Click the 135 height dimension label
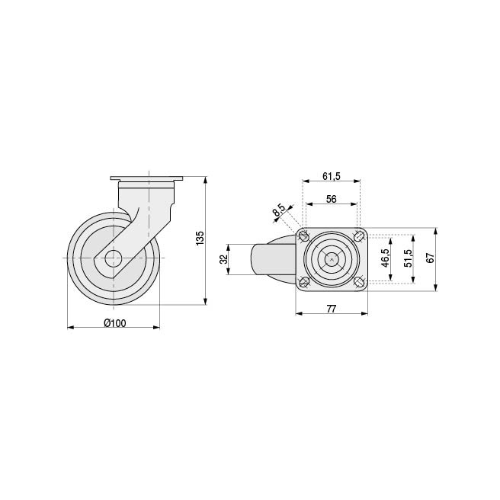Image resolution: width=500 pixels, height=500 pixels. [200, 238]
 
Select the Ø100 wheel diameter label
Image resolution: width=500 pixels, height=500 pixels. [114, 322]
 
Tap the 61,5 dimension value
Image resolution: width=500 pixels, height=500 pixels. [331, 176]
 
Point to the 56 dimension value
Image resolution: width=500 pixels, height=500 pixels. [332, 198]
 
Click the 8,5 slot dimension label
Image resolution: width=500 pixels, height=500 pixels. [279, 210]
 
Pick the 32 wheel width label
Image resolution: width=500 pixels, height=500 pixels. [224, 259]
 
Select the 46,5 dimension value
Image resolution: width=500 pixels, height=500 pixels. [386, 259]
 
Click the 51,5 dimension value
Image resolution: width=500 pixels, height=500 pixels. [408, 259]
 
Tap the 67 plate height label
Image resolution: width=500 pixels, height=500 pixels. [430, 259]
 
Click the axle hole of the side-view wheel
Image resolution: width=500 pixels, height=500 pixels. [114, 258]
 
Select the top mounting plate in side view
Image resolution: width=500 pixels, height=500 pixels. [147, 180]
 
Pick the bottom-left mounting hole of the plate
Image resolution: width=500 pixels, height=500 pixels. [304, 283]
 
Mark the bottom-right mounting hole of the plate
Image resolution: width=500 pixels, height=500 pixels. [358, 283]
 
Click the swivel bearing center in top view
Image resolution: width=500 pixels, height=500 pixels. [332, 259]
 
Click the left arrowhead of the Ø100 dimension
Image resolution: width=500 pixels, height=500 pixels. [70, 328]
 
